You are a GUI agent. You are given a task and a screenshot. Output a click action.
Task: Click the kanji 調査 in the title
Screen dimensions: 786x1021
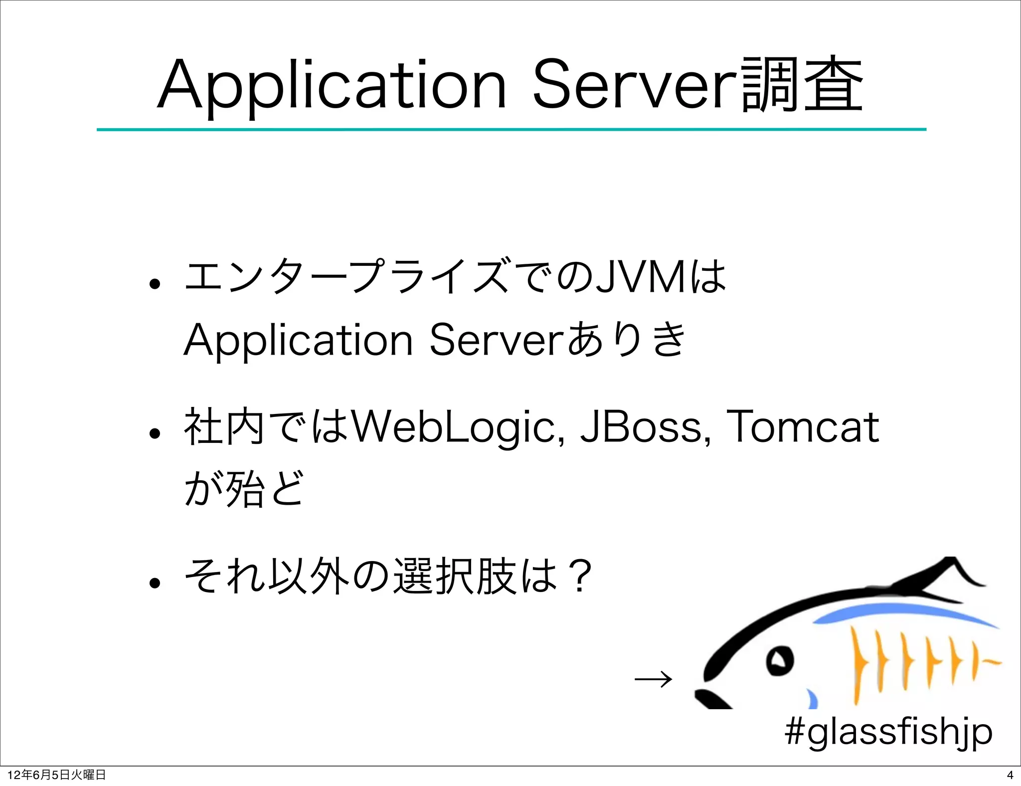point(802,85)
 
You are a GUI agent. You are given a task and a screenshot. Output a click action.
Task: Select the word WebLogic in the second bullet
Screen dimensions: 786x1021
point(456,427)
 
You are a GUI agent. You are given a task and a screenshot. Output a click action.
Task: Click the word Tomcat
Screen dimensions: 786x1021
point(803,427)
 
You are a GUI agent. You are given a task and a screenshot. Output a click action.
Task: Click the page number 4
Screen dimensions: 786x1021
point(1010,775)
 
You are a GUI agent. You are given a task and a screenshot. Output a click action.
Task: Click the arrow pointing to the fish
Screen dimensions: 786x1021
point(653,679)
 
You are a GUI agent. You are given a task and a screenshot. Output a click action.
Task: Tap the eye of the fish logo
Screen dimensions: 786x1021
point(779,661)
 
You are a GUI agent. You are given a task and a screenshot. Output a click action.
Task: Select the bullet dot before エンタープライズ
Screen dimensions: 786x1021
point(155,284)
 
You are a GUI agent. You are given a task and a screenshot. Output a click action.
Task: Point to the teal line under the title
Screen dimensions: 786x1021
point(511,130)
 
